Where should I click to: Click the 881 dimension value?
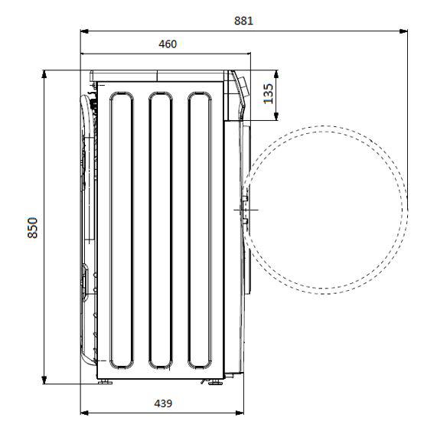click(243, 21)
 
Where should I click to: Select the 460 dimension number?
click(168, 44)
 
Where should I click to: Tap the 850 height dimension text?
click(32, 227)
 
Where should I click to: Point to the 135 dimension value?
click(268, 93)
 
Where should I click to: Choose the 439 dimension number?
click(163, 403)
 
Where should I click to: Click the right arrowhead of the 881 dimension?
click(403, 31)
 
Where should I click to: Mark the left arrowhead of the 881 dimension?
click(85, 31)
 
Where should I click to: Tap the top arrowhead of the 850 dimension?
click(44, 74)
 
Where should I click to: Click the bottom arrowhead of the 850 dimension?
click(44, 380)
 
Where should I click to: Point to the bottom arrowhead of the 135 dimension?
click(276, 116)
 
